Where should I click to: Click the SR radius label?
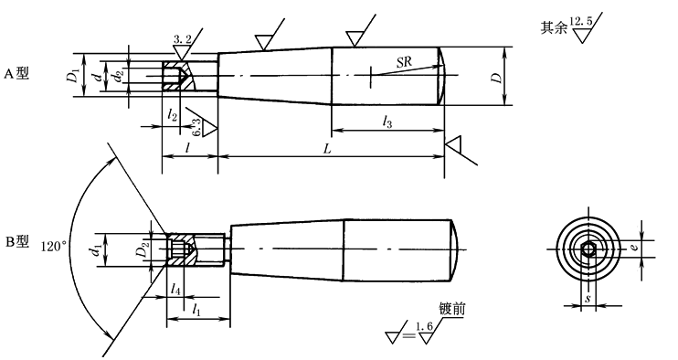coord(404,62)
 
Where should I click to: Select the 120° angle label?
coord(54,247)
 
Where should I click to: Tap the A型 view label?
coord(16,73)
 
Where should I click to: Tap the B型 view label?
coord(16,242)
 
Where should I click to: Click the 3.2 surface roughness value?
coord(182,39)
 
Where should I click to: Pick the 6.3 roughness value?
coord(196,128)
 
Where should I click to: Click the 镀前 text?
coord(452,310)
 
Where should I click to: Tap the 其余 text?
coord(554,28)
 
